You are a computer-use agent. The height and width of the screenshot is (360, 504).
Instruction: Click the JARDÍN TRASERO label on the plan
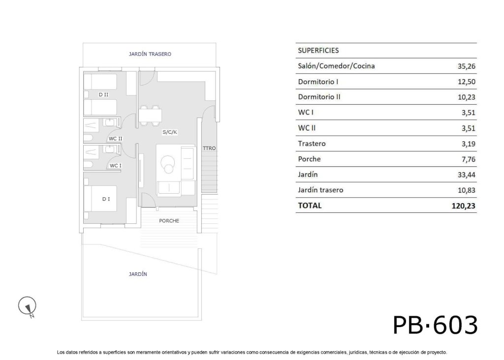click(x=150, y=54)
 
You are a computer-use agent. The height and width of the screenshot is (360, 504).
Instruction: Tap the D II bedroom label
click(x=103, y=94)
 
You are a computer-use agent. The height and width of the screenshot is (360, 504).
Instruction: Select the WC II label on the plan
click(x=115, y=139)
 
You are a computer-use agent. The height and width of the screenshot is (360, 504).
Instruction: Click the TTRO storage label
click(x=209, y=148)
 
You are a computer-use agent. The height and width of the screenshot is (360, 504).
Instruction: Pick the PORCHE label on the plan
click(x=169, y=221)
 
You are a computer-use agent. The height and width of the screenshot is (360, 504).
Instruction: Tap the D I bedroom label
click(x=106, y=199)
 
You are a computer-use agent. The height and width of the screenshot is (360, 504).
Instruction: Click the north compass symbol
click(x=28, y=306)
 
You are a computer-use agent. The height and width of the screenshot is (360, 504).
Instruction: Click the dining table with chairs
click(x=150, y=115)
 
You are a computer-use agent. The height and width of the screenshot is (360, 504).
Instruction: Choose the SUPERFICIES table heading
click(x=318, y=50)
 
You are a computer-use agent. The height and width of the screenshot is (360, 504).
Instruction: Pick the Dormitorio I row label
click(x=318, y=82)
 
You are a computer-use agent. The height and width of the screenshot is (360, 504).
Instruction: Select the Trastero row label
click(x=312, y=144)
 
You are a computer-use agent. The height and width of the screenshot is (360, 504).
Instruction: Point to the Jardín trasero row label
click(x=321, y=190)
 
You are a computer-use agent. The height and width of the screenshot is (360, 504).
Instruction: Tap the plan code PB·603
click(x=435, y=325)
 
